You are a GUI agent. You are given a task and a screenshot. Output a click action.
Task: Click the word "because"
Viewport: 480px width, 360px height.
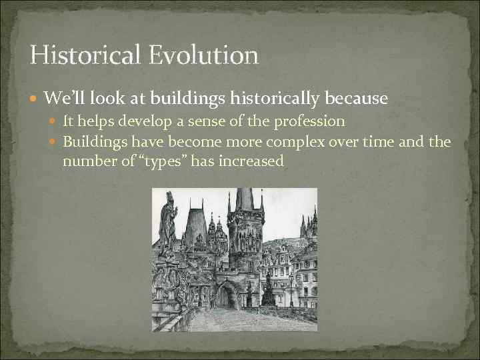357,99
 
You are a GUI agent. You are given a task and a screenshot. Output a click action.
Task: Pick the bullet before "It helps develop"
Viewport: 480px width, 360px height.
55,121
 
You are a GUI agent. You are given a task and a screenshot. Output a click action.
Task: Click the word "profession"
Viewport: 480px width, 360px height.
311,121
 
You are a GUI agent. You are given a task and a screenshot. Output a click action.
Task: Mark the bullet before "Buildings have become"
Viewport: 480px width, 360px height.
55,141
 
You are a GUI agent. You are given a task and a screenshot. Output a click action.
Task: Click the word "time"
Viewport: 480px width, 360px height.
397,141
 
